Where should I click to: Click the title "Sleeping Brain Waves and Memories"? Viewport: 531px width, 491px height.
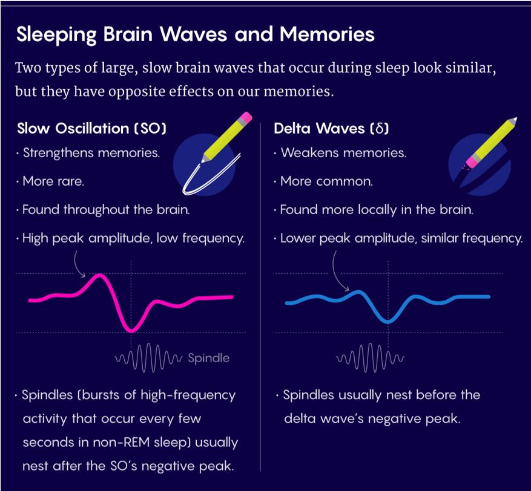pyautogui.click(x=195, y=34)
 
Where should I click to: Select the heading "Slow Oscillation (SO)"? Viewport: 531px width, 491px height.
pyautogui.click(x=91, y=128)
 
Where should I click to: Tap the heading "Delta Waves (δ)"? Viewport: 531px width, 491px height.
pyautogui.click(x=331, y=128)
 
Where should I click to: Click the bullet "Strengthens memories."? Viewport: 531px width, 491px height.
pyautogui.click(x=91, y=153)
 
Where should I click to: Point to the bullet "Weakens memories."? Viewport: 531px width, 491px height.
pyautogui.click(x=343, y=153)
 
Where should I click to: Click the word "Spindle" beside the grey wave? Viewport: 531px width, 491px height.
pyautogui.click(x=208, y=358)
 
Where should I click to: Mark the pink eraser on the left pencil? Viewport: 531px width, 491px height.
pyautogui.click(x=246, y=117)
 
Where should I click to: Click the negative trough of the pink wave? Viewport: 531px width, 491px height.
pyautogui.click(x=131, y=329)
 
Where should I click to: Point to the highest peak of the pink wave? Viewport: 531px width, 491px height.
pyautogui.click(x=101, y=276)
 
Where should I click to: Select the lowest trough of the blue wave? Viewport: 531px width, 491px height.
pyautogui.click(x=388, y=320)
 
